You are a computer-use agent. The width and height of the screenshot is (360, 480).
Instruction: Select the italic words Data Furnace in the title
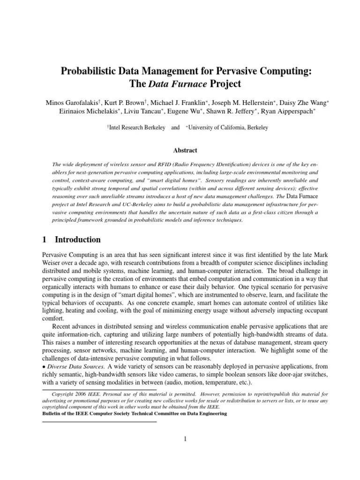click(x=172, y=84)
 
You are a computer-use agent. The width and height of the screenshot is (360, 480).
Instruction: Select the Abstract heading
click(x=186, y=150)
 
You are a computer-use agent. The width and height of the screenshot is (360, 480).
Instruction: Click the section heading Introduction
click(x=78, y=240)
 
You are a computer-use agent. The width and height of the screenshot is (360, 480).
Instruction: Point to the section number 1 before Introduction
click(x=45, y=240)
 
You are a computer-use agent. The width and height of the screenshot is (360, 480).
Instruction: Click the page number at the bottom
click(x=186, y=439)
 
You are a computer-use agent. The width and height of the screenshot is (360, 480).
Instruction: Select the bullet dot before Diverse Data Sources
click(x=44, y=366)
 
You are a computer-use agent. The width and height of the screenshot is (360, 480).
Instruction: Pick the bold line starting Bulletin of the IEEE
click(x=135, y=413)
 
